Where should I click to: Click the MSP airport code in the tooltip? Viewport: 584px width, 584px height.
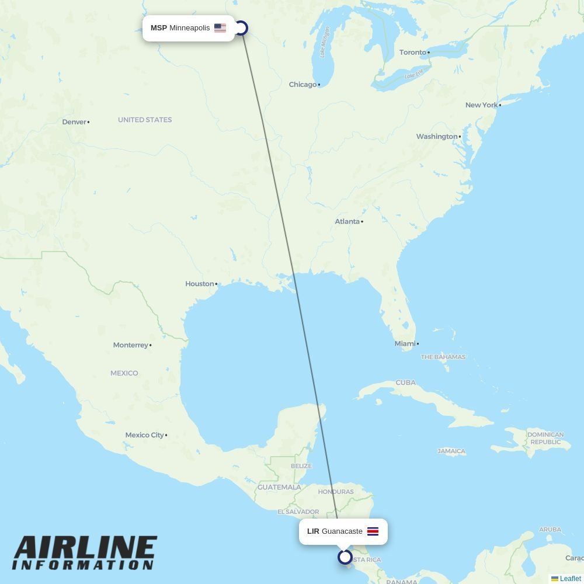pyautogui.click(x=158, y=28)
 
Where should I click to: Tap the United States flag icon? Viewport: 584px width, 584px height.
pyautogui.click(x=220, y=28)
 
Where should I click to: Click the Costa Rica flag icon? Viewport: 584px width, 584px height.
pyautogui.click(x=373, y=531)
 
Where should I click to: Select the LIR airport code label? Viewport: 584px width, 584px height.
pyautogui.click(x=313, y=531)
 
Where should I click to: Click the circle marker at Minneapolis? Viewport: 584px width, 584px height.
pyautogui.click(x=241, y=28)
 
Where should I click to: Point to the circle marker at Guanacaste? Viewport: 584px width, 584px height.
pyautogui.click(x=345, y=557)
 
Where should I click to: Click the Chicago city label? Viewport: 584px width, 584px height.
pyautogui.click(x=303, y=85)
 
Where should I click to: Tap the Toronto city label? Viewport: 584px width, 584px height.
pyautogui.click(x=413, y=53)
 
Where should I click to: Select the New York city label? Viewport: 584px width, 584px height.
pyautogui.click(x=481, y=105)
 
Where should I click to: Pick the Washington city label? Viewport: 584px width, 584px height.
pyautogui.click(x=437, y=137)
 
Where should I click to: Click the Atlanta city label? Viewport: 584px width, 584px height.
pyautogui.click(x=347, y=222)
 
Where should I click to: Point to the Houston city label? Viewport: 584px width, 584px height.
pyautogui.click(x=200, y=284)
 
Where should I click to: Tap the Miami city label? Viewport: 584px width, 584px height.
pyautogui.click(x=405, y=344)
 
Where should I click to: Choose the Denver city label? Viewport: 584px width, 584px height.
pyautogui.click(x=74, y=122)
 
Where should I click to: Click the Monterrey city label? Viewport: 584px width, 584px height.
pyautogui.click(x=130, y=345)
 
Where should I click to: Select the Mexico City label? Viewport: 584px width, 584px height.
pyautogui.click(x=144, y=435)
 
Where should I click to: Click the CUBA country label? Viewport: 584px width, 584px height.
pyautogui.click(x=405, y=383)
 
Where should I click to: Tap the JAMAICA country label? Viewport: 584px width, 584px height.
pyautogui.click(x=451, y=451)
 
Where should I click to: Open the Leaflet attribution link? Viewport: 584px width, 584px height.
pyautogui.click(x=570, y=579)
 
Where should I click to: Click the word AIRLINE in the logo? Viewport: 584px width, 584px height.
pyautogui.click(x=85, y=549)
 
